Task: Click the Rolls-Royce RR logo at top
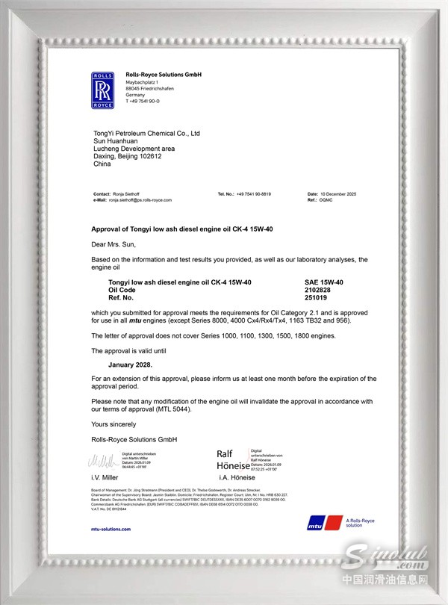(102, 90)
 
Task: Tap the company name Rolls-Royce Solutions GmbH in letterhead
(164, 75)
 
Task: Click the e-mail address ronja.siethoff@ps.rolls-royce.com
(140, 200)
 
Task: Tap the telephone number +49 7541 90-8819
(253, 194)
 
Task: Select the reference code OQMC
(326, 200)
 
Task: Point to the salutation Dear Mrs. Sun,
(115, 244)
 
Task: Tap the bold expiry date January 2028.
(131, 364)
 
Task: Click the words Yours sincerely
(113, 423)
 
